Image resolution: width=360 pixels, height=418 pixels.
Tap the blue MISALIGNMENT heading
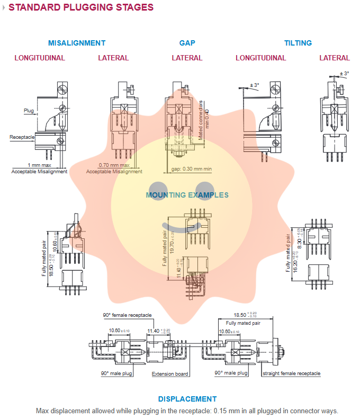coord(77,43)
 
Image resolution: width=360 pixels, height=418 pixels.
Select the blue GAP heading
coord(187,43)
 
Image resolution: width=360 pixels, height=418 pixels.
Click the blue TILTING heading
coord(298,43)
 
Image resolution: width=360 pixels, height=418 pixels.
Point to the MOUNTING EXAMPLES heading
coord(187,195)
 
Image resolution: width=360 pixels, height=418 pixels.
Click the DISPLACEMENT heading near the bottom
coord(187,399)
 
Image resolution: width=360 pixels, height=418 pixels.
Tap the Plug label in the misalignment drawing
coord(29,111)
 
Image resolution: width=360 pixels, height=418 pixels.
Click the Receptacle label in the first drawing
coord(22,137)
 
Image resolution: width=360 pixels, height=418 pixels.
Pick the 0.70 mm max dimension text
coord(114,165)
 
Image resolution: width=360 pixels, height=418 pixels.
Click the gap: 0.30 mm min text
coord(192,169)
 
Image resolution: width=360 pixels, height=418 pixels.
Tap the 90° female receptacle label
coord(127,315)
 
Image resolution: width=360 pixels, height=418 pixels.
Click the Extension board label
coord(170,373)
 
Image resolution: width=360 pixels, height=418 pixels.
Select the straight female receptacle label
coord(292,373)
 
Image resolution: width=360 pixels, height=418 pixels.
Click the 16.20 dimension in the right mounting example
coord(294,259)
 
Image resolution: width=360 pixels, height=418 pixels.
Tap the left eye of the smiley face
coord(157,188)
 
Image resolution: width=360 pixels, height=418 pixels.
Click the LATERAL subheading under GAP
coord(187,58)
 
